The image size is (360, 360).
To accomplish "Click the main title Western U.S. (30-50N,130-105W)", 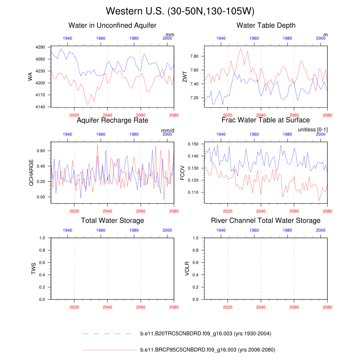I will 180,11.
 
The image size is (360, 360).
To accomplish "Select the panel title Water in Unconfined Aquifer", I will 112,25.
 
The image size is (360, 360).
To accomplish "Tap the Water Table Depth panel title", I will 266,25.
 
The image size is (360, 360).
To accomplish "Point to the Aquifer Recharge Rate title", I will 112,120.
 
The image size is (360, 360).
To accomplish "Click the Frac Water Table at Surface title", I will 266,120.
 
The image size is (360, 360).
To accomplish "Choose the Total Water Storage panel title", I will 112,220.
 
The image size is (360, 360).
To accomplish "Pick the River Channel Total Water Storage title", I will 266,220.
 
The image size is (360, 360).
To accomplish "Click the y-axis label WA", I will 30,76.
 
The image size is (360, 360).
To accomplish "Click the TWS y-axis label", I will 34,268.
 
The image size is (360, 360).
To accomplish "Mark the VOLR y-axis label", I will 187,268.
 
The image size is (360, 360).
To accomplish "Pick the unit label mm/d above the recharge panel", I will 168,130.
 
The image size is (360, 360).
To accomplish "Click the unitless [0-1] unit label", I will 313,130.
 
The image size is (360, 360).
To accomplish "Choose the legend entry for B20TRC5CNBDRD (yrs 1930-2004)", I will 205,334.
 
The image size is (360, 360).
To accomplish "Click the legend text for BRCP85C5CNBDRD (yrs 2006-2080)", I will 207,350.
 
